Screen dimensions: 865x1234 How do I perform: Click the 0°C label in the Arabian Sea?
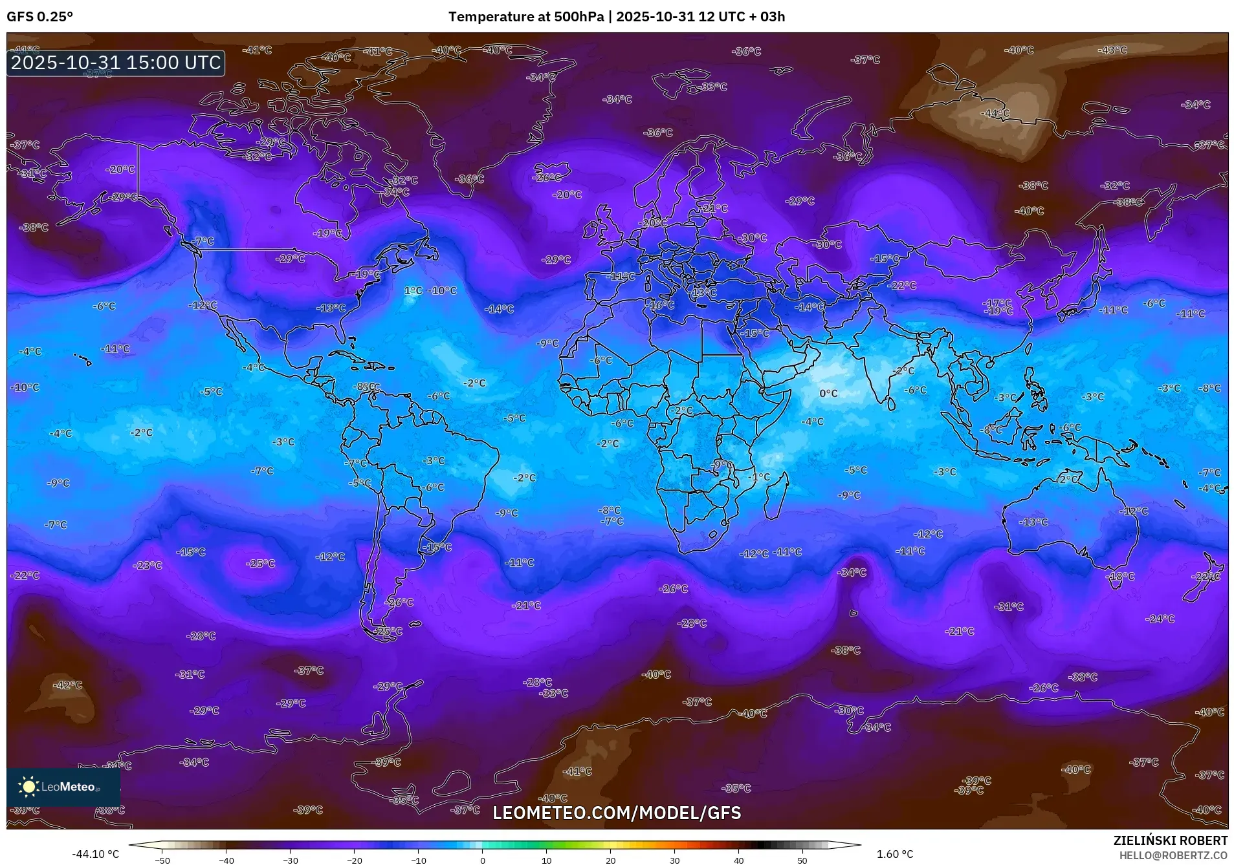828,393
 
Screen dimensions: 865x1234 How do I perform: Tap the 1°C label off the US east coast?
413,291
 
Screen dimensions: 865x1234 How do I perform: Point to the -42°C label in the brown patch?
67,685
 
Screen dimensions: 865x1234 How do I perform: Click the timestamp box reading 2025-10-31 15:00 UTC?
116,63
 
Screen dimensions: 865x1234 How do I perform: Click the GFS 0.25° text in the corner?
40,17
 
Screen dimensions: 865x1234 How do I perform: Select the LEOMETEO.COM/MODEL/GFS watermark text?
617,813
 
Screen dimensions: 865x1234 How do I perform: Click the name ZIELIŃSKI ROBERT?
1170,840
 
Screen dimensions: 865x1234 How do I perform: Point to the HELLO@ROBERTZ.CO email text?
1173,855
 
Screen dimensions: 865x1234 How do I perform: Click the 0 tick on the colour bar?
482,860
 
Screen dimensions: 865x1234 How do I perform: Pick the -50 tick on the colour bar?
162,860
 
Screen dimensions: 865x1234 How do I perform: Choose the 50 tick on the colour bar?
802,860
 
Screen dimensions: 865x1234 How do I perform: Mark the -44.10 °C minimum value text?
95,854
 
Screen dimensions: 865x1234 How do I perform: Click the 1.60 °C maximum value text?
895,854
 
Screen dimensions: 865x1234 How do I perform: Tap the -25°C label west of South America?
260,564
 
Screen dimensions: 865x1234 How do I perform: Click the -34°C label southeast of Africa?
852,572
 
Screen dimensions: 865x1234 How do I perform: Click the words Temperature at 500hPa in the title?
525,17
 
